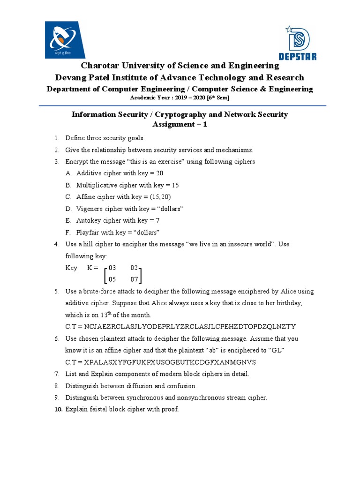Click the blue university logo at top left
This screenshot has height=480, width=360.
pos(65,40)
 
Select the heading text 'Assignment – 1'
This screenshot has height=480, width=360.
pos(180,124)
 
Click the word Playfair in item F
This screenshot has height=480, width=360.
pos(89,232)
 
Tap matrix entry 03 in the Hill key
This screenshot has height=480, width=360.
pos(112,268)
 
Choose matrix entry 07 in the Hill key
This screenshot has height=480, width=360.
pos(135,280)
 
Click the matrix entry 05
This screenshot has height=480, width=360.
pos(112,280)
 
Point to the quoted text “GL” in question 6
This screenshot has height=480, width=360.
pos(276,350)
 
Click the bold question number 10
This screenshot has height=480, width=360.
pos(58,409)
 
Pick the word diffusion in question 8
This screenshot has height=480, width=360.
pos(140,386)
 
